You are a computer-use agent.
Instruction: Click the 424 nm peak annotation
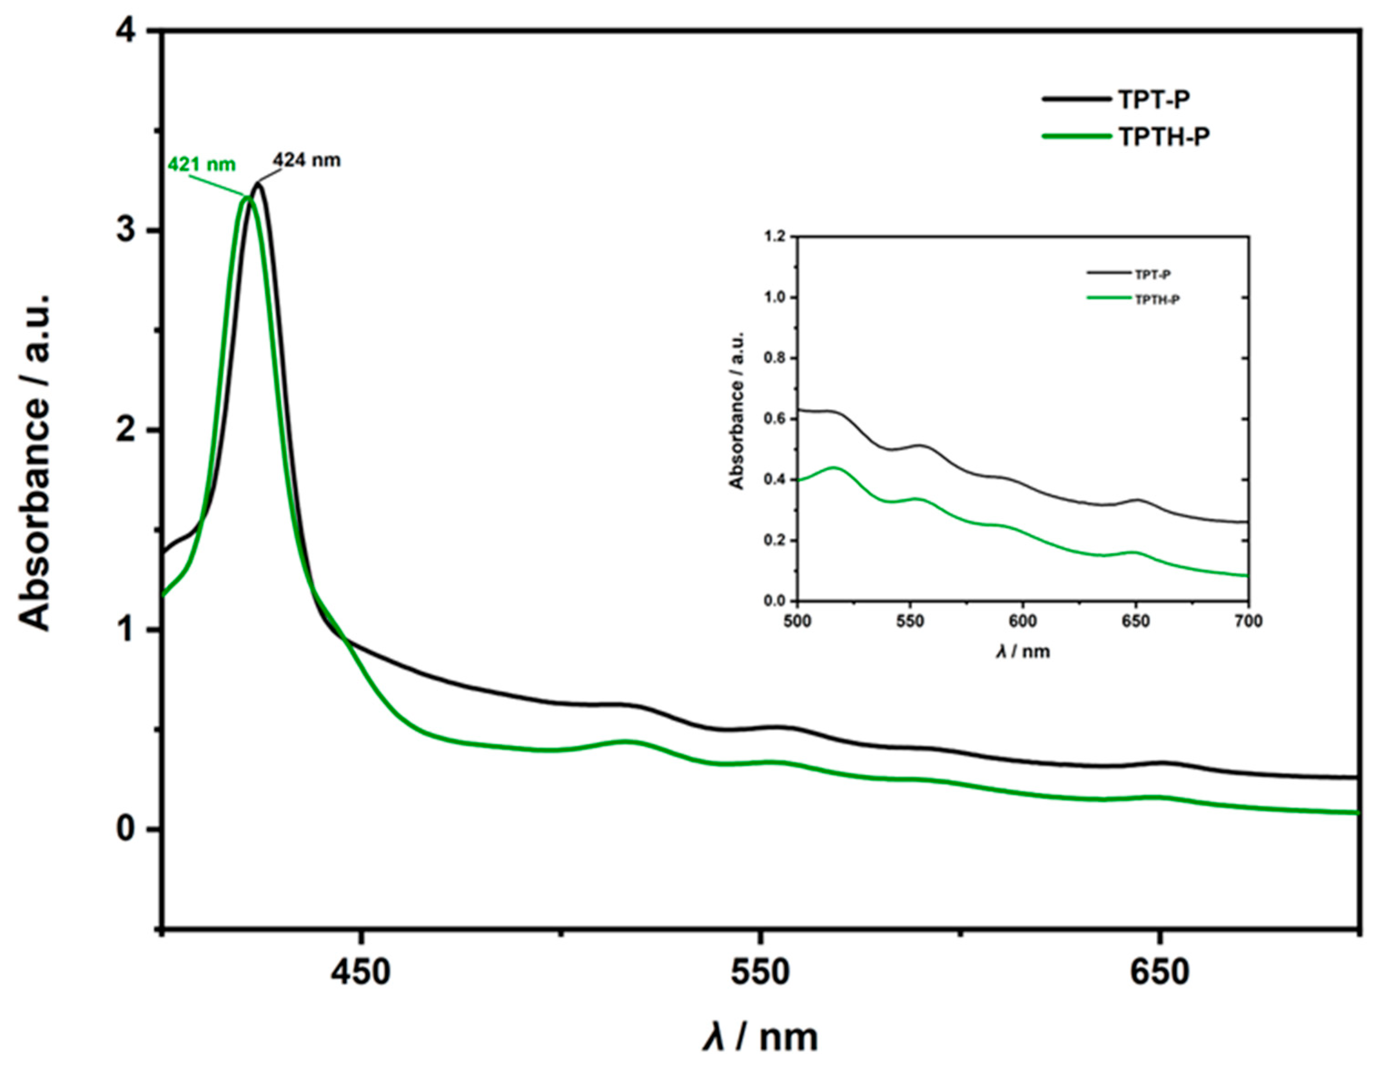(x=306, y=161)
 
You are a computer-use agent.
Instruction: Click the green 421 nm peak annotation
(x=202, y=165)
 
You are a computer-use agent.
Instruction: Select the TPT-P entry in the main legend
(x=1153, y=99)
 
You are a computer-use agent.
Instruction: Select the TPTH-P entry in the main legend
(x=1164, y=137)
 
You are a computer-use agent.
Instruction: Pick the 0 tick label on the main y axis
(x=127, y=830)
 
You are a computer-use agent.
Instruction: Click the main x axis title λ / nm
(x=760, y=1036)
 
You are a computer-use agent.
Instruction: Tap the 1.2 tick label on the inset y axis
(x=776, y=237)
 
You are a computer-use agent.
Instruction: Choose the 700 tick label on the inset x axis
(x=1248, y=622)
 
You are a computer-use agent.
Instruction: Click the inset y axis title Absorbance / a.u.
(x=737, y=410)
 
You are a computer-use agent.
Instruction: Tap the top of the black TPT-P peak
(x=257, y=184)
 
